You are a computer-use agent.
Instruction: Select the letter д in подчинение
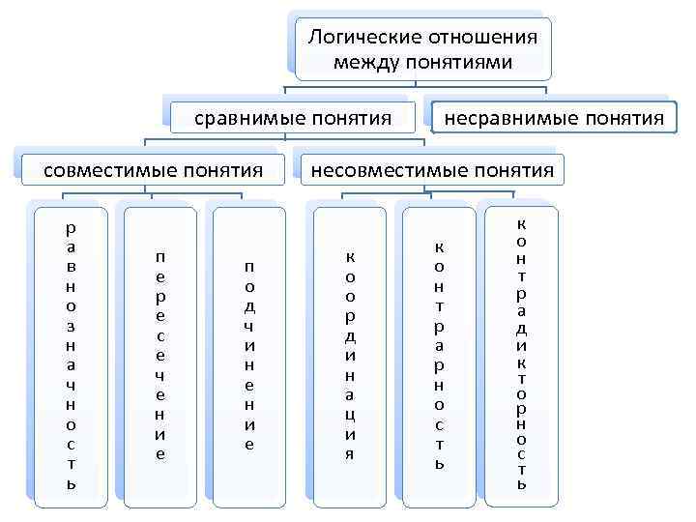tap(249, 306)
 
